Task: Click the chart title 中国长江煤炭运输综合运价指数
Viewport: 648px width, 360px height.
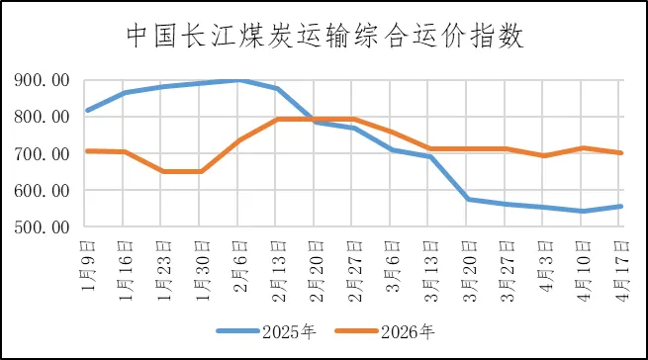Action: [324, 36]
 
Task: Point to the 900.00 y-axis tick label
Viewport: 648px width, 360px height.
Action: [44, 80]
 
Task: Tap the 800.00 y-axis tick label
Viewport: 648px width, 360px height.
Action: [44, 117]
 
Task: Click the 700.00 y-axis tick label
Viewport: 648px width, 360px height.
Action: [44, 153]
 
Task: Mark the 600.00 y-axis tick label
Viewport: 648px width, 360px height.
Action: [44, 190]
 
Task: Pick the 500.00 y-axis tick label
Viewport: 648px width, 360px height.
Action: [44, 226]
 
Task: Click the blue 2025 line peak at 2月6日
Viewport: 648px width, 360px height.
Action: [238, 80]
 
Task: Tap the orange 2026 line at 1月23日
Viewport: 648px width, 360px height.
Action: [162, 171]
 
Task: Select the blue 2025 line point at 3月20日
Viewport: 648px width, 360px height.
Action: [467, 199]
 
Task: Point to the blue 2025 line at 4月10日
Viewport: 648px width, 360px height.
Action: [582, 211]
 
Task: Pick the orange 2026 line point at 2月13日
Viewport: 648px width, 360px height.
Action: [277, 119]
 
